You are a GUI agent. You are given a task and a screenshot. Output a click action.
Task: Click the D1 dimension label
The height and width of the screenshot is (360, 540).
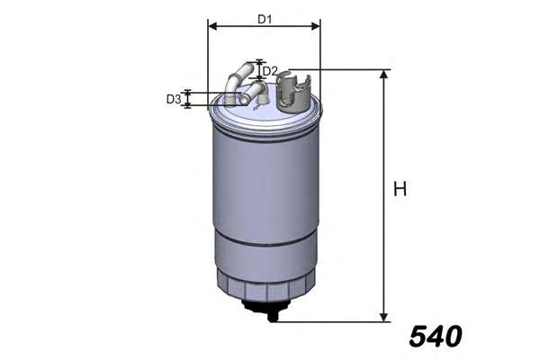(x=264, y=18)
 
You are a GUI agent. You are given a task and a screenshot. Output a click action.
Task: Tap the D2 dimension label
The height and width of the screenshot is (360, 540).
(x=270, y=70)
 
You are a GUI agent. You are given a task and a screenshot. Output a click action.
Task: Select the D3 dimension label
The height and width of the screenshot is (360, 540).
(x=174, y=99)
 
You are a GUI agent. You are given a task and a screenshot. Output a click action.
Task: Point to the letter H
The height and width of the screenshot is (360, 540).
(x=400, y=189)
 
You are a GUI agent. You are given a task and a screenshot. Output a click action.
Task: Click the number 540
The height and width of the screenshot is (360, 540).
(x=435, y=337)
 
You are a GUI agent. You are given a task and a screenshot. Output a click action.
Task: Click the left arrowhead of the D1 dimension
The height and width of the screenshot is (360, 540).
(x=211, y=27)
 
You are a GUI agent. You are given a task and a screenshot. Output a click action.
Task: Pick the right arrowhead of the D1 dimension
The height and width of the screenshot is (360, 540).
(x=316, y=27)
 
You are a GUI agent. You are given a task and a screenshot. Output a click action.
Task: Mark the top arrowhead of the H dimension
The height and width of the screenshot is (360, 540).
(x=385, y=75)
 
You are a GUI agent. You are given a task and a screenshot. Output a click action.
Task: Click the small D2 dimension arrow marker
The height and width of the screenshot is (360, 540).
(x=258, y=70)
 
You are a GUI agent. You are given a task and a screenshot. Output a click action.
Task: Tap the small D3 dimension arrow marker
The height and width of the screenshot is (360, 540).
(x=188, y=99)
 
